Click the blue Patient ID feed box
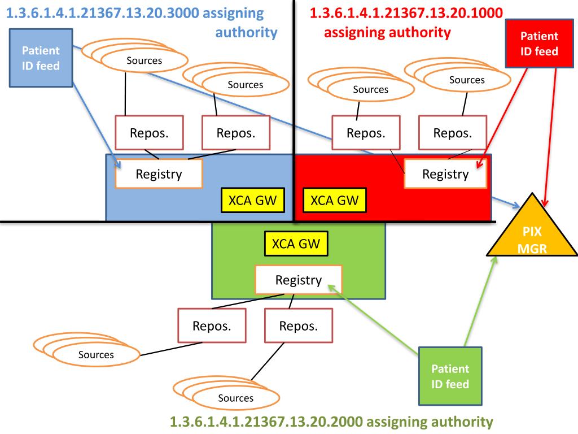coord(41,58)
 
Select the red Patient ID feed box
coord(538,44)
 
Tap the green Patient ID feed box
coord(450,376)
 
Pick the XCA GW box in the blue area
coord(252,201)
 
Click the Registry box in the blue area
coord(159,174)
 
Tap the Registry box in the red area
coord(445,174)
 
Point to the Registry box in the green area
coord(299,280)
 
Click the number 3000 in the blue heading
coord(187,12)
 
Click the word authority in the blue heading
coord(247,32)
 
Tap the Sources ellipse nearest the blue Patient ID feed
coord(144,60)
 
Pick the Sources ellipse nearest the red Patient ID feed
coord(467,80)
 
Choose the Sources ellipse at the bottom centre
coord(236,398)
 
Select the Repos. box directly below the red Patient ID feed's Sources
coord(453,133)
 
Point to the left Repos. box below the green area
coord(211,326)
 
